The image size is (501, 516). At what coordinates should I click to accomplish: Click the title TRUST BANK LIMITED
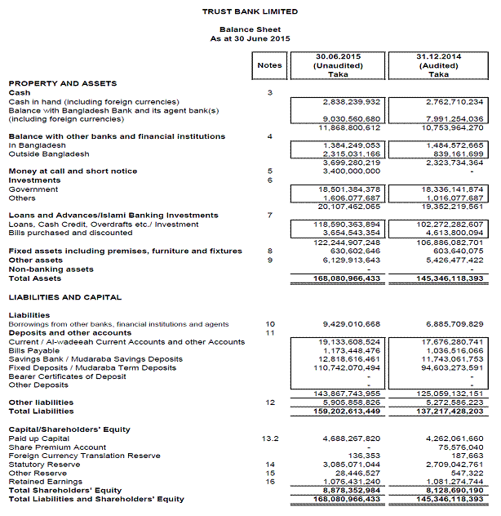[250, 11]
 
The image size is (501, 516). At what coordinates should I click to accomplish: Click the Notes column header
[269, 65]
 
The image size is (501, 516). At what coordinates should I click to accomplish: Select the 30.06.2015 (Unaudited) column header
[338, 64]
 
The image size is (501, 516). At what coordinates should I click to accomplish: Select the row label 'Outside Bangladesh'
[38, 153]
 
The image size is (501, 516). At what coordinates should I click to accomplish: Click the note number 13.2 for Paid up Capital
[269, 439]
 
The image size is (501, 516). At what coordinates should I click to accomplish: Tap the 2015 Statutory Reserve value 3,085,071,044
[348, 465]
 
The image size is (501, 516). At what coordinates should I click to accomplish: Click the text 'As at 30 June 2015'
[250, 38]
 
